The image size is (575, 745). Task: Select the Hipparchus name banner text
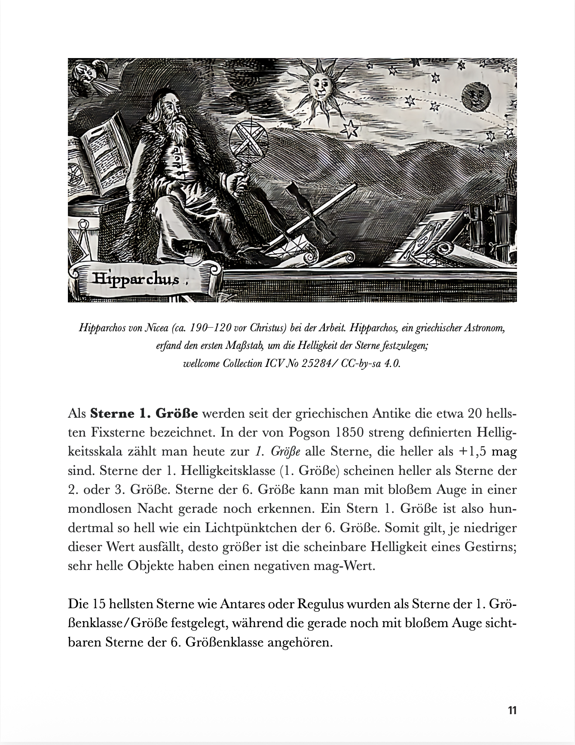(135, 279)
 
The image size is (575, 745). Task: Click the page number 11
(512, 710)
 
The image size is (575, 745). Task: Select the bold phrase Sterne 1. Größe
(144, 414)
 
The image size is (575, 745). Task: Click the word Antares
(242, 604)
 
